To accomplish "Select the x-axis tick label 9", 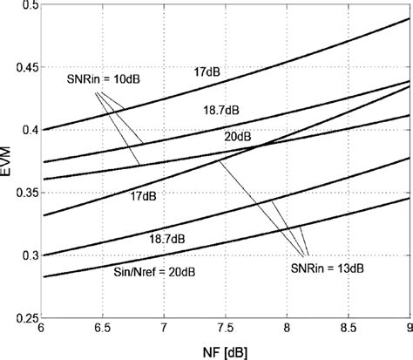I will [x=409, y=331].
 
